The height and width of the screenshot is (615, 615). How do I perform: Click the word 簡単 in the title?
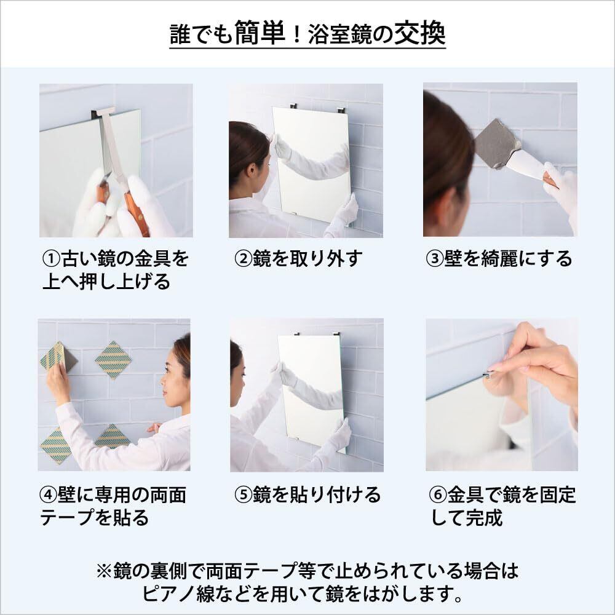260,33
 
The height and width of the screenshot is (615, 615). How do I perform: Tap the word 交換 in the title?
419,33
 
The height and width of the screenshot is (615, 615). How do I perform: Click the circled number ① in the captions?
51,259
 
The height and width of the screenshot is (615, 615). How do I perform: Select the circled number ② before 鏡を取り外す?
243,259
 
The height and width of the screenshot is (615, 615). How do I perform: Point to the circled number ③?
435,259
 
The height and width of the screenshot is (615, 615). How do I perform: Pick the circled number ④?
48,494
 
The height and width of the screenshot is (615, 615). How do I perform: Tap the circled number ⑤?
243,494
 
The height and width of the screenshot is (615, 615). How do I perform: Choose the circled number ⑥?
438,494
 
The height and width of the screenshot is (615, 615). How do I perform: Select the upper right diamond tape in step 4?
113,360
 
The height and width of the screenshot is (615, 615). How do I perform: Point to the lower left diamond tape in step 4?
55,445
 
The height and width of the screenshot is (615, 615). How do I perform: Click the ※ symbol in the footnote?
105,571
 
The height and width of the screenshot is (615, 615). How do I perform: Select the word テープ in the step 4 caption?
66,518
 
